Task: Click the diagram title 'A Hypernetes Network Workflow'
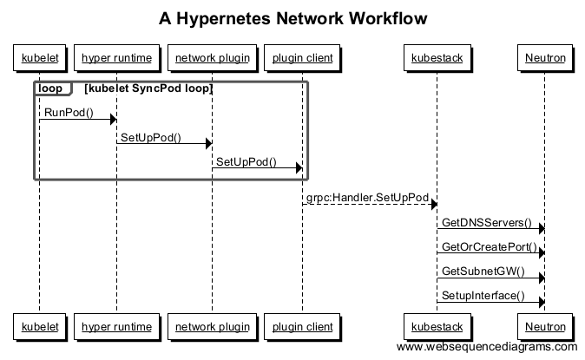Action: coord(292,18)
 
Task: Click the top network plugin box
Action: coord(213,59)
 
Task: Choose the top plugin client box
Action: coord(302,59)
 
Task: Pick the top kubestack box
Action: coord(437,59)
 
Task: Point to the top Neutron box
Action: coord(544,59)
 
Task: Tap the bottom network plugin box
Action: coord(213,326)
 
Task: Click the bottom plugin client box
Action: coord(302,326)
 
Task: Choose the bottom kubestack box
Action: coord(437,326)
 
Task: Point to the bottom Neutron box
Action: coord(544,326)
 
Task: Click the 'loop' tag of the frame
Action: coord(50,88)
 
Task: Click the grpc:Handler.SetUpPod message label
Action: coord(367,198)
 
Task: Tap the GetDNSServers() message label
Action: coord(486,222)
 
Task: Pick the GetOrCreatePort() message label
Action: coord(489,246)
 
